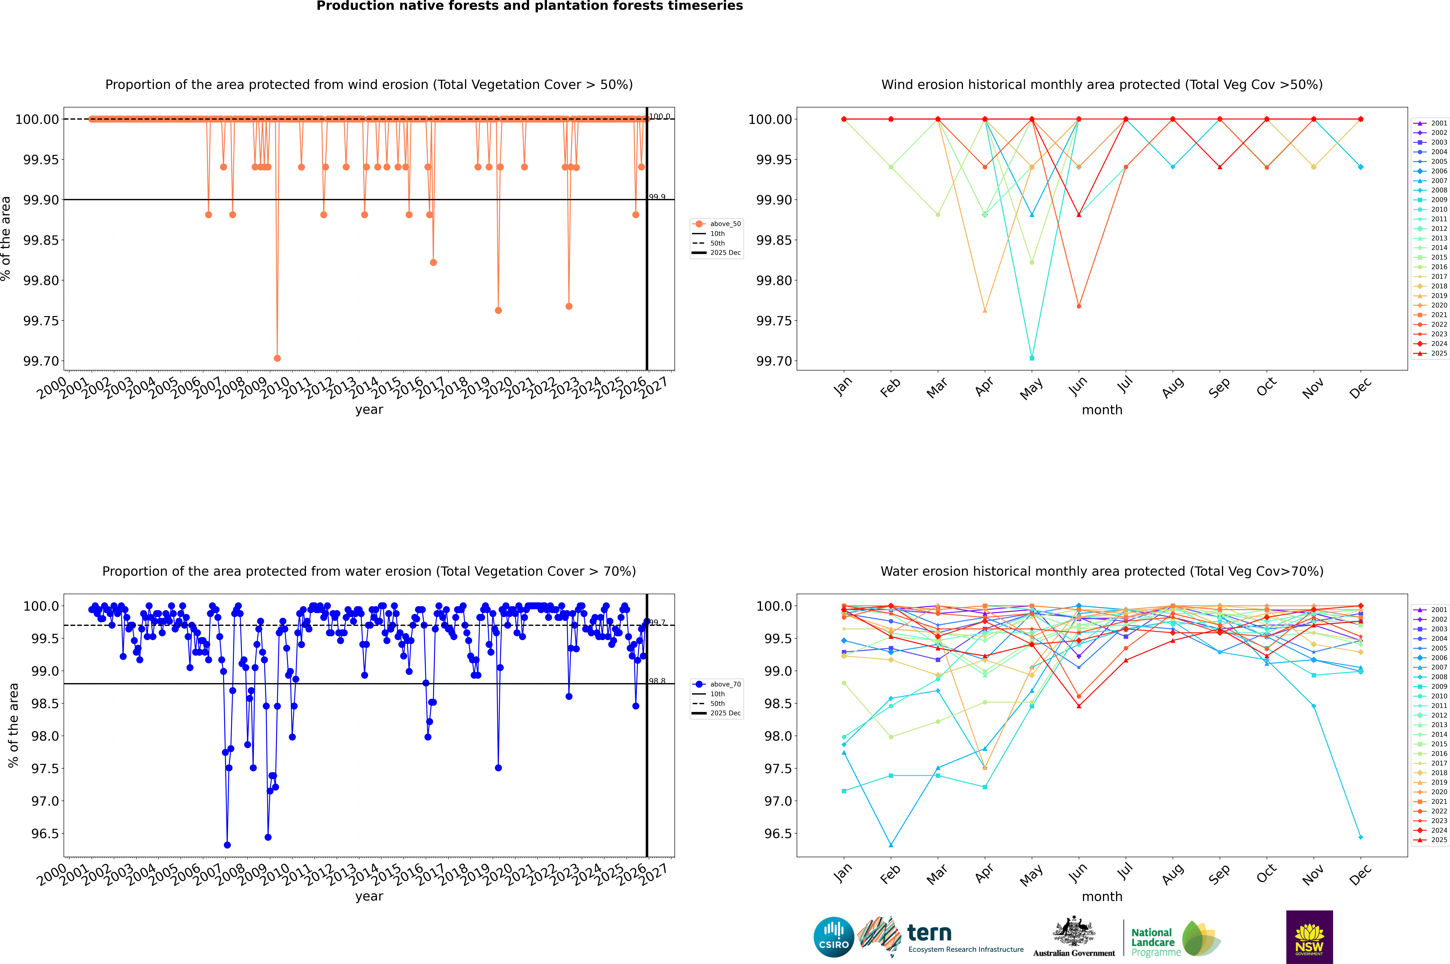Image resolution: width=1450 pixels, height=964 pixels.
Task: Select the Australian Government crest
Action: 1073,933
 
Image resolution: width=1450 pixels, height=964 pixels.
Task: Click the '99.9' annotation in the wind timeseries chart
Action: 657,197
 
